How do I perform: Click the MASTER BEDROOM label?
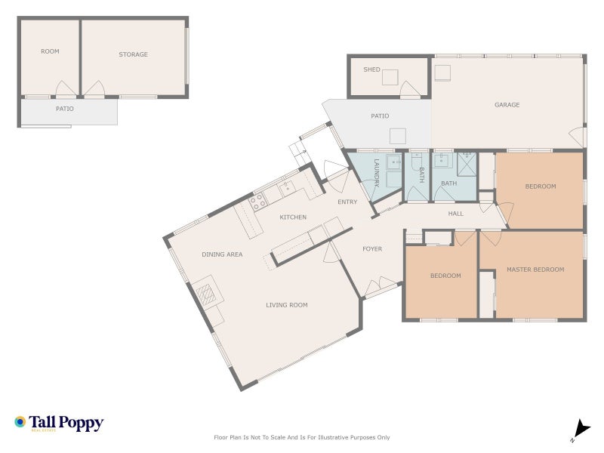click(x=535, y=270)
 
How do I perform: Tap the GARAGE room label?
click(x=507, y=105)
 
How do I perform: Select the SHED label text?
click(x=371, y=69)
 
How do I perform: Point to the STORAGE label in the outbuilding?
click(x=133, y=54)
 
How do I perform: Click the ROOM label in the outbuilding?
click(x=50, y=51)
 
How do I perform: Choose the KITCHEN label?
click(x=293, y=217)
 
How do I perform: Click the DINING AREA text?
click(x=222, y=254)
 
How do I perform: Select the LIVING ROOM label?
click(x=286, y=305)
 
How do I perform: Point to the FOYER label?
click(x=372, y=248)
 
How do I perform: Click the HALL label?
click(x=456, y=214)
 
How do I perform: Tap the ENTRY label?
click(x=347, y=202)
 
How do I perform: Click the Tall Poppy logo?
click(x=59, y=423)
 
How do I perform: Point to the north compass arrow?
click(x=580, y=427)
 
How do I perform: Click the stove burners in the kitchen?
click(x=257, y=201)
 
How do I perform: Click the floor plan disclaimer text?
click(x=302, y=437)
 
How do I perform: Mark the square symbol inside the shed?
click(x=390, y=77)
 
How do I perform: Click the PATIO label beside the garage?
click(x=380, y=116)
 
